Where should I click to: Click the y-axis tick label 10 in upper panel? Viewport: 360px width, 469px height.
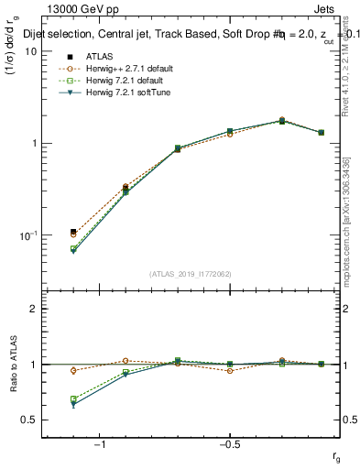click(30, 52)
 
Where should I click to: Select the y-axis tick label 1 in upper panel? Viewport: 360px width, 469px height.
click(33, 144)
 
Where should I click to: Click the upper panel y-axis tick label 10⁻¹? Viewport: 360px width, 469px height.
click(28, 234)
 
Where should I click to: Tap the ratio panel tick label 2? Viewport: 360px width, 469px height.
click(33, 309)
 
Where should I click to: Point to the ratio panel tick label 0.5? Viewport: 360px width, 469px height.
click(28, 420)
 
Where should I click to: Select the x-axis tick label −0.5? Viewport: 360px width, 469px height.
click(229, 443)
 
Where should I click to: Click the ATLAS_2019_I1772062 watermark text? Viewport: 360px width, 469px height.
click(191, 274)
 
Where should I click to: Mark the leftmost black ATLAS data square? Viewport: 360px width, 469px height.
click(73, 232)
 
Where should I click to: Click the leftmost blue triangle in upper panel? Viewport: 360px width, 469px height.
click(73, 251)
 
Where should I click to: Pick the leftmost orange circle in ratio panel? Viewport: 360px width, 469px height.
click(73, 370)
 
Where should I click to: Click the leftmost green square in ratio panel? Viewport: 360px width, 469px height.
click(73, 398)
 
